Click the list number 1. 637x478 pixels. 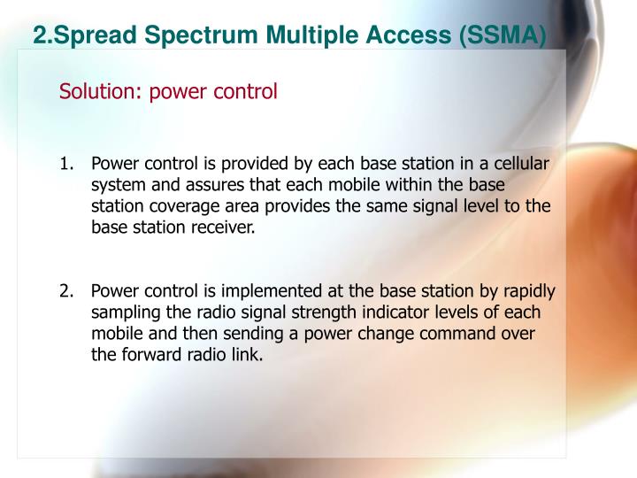pos(66,165)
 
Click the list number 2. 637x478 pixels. pos(66,292)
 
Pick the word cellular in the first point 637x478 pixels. pos(520,165)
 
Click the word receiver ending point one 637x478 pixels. pos(225,227)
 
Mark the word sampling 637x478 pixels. pos(124,313)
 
